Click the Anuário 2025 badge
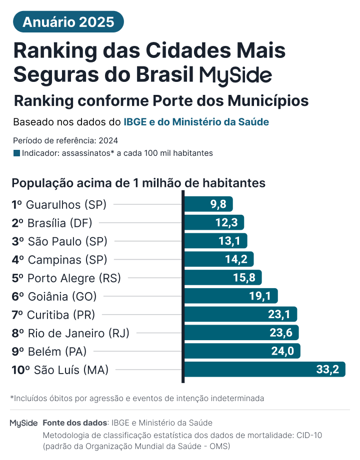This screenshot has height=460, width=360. tap(68, 22)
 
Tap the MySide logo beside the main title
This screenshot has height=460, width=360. tap(235, 75)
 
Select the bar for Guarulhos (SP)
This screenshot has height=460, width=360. tap(208, 204)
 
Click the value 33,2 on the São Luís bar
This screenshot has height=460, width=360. tap(327, 370)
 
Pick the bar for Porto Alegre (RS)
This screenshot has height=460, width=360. tap(223, 278)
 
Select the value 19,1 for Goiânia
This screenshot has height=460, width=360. tap(259, 296)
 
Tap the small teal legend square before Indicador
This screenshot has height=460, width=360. tap(16, 153)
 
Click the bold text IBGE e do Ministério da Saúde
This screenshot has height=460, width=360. tap(196, 122)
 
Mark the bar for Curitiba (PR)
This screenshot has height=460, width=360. tap(241, 315)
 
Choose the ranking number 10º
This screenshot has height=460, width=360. tap(20, 370)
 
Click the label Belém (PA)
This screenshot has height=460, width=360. tap(56, 352)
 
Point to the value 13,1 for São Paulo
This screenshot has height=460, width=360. tap(229, 241)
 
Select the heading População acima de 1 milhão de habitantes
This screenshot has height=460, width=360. tap(138, 183)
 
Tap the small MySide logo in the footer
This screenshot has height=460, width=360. tap(23, 423)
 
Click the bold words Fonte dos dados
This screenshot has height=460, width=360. tap(75, 423)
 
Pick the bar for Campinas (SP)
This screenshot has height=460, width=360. tap(219, 259)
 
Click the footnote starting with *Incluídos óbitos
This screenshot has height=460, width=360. tap(137, 399)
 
